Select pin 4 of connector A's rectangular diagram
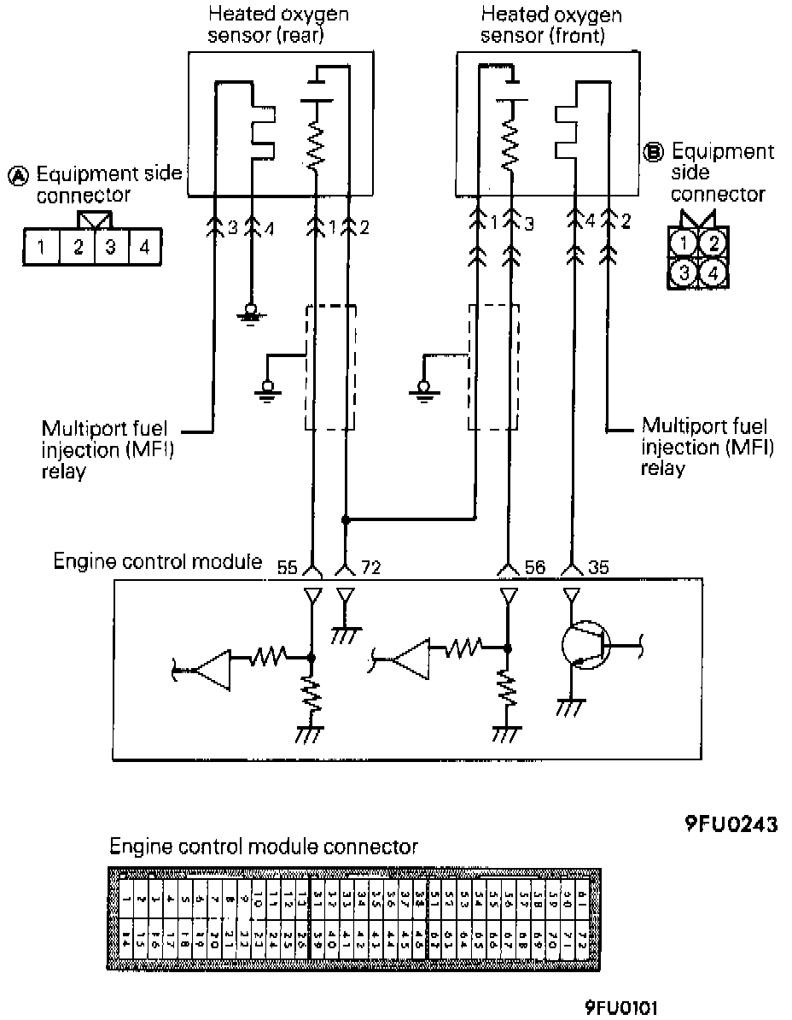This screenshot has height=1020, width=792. pyautogui.click(x=143, y=248)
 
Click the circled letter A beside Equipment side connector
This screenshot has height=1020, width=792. pyautogui.click(x=18, y=177)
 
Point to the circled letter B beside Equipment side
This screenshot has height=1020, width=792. pyautogui.click(x=654, y=153)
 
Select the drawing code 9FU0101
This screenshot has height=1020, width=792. pyautogui.click(x=621, y=1007)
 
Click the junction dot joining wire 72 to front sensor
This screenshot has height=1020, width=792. pyautogui.click(x=345, y=519)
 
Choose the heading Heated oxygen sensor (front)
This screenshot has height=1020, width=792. pyautogui.click(x=551, y=26)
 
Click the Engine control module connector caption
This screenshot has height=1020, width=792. pyautogui.click(x=265, y=847)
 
